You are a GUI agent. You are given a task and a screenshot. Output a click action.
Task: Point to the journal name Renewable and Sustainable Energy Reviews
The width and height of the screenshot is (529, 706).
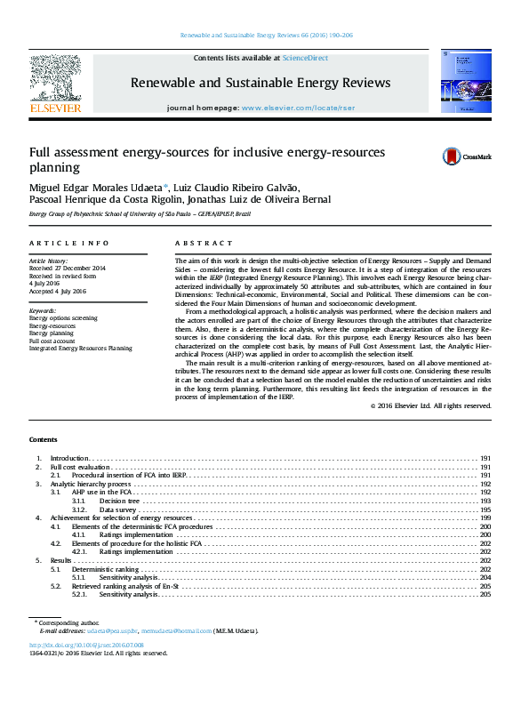pos(260,83)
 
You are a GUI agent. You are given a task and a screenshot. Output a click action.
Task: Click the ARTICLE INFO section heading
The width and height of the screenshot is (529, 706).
pos(69,243)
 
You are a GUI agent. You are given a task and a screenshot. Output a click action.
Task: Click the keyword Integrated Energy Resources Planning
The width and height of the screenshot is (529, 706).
pos(80,349)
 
